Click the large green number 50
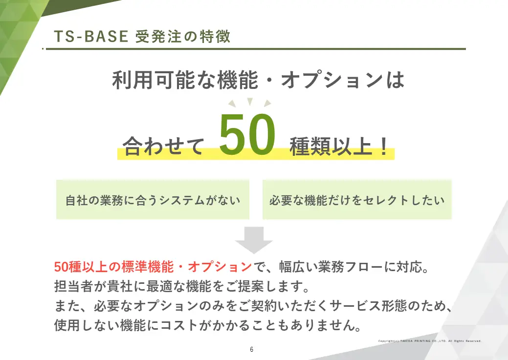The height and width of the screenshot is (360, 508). tap(247, 134)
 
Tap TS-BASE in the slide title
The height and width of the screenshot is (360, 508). tap(91, 36)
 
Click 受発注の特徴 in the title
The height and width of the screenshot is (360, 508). tap(183, 36)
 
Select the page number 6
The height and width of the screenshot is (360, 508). tap(252, 349)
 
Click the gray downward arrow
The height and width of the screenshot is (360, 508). tap(254, 240)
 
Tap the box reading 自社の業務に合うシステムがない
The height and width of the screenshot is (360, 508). tap(153, 200)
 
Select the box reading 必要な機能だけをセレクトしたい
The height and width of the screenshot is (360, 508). tap(357, 200)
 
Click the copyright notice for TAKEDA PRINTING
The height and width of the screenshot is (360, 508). tap(430, 341)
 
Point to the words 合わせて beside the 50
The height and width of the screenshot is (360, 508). tap(164, 146)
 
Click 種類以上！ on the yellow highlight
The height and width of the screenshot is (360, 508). tap(338, 147)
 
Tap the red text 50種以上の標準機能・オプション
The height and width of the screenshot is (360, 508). tap(153, 267)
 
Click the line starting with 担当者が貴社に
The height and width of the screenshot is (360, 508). tap(182, 286)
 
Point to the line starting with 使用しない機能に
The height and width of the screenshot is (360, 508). tap(208, 325)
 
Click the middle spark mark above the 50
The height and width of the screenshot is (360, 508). tap(250, 101)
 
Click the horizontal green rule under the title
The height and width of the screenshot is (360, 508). tap(254, 49)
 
